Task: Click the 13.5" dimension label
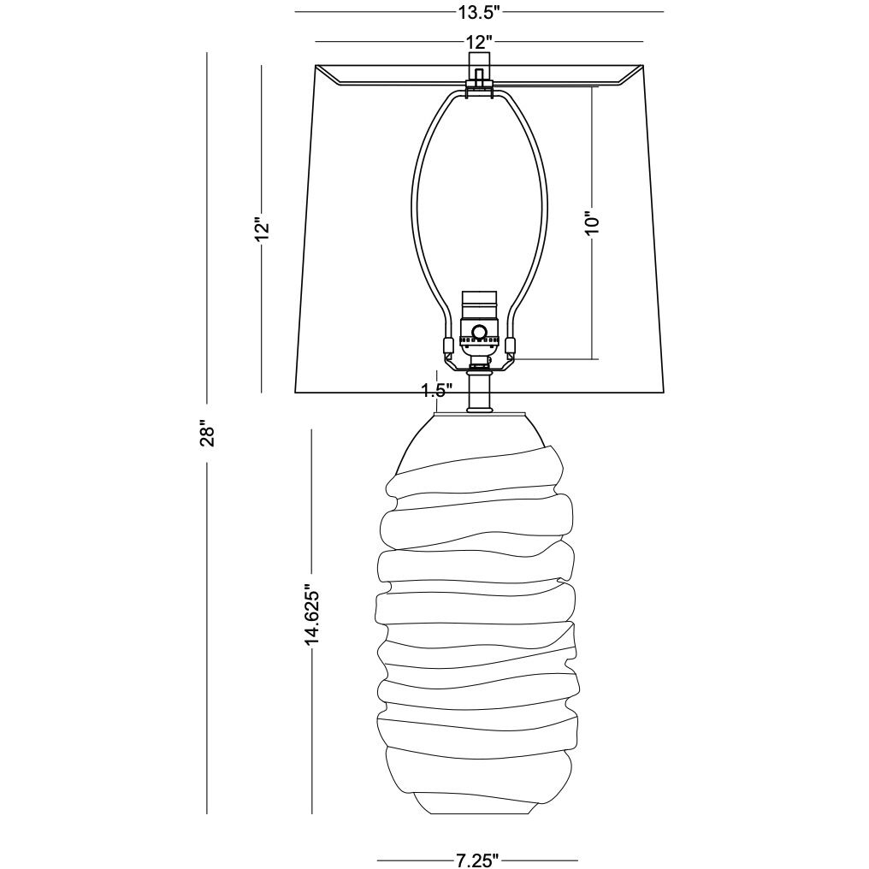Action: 478,11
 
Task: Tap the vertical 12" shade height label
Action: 263,228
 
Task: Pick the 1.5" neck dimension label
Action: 436,391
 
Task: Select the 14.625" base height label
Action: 312,613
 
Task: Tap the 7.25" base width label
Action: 476,860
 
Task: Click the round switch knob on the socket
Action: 480,332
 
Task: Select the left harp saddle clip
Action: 446,347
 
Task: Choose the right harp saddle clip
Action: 511,347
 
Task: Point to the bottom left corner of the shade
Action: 296,393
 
